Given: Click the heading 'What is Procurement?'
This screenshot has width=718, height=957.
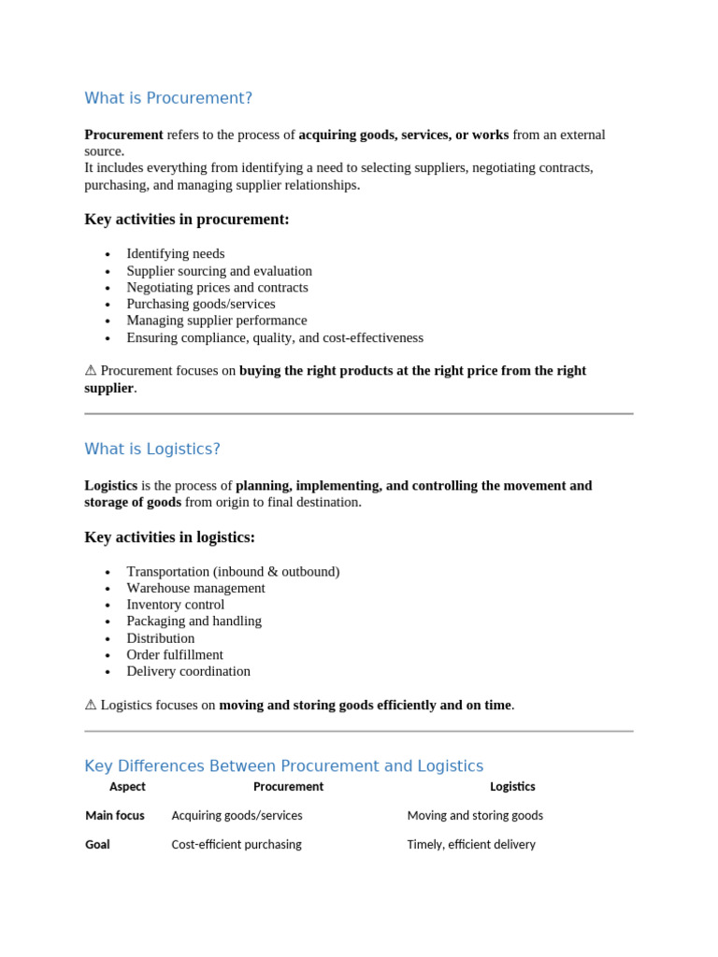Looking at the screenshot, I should (168, 98).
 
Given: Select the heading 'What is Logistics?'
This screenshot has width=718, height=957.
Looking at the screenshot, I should (152, 449).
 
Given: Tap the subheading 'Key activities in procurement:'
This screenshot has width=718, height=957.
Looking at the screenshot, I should (187, 220).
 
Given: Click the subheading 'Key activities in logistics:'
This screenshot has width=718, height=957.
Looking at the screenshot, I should (169, 537).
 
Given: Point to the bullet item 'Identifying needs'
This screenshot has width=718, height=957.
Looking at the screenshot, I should (175, 254).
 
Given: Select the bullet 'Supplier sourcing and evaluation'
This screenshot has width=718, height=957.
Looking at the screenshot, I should (220, 271).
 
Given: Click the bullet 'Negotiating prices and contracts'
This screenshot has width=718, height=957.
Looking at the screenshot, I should (217, 288).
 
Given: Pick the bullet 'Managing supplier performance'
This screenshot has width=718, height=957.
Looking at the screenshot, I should (216, 321).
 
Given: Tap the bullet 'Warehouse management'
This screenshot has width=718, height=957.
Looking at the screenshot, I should (195, 589).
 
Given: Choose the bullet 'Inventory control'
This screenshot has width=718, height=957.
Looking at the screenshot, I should (175, 605).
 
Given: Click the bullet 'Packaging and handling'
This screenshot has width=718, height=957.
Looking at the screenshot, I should (194, 621).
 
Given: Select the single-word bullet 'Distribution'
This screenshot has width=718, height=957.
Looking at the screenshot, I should (161, 638).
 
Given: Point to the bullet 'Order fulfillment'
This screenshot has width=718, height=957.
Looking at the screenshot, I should (175, 655).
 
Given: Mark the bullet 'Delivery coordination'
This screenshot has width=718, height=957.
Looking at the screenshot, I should (188, 672).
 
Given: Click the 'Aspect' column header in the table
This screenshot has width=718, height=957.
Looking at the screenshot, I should (127, 787).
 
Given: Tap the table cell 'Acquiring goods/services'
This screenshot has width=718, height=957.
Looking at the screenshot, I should (237, 816).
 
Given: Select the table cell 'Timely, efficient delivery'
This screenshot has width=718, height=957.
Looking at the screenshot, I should (471, 845).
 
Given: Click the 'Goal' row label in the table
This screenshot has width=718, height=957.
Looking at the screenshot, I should (97, 845).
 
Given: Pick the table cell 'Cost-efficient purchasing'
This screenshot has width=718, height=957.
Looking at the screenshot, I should (237, 845).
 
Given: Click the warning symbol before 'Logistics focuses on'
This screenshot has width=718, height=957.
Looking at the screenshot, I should (91, 706).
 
